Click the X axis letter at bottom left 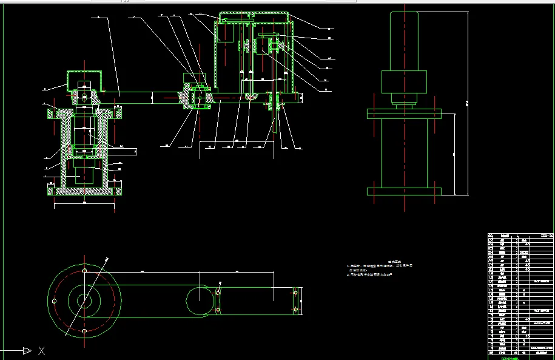point(41,350)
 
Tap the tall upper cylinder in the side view point(404,41)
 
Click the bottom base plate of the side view point(404,191)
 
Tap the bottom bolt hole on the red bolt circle point(84,331)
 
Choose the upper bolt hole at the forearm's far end point(295,293)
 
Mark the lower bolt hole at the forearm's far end point(295,310)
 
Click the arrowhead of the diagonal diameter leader point(107,259)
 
